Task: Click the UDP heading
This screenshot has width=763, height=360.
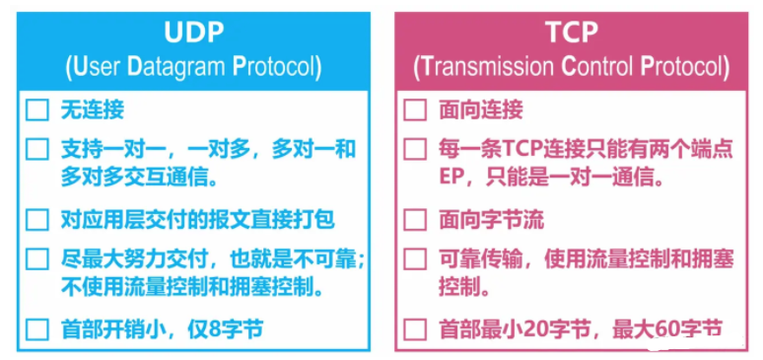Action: pos(194,33)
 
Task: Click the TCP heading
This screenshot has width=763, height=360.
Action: pos(572,33)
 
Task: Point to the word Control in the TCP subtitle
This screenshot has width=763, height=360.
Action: pos(594,68)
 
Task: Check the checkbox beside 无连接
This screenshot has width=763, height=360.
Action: pos(37,110)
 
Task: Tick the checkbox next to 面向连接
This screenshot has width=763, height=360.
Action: pos(415,110)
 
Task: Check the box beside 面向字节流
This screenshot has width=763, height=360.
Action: pos(415,220)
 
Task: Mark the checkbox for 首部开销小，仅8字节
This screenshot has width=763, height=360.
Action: pos(37,329)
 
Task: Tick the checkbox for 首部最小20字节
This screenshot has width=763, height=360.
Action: pos(415,329)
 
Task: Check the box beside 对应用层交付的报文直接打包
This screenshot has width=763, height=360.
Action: pos(37,220)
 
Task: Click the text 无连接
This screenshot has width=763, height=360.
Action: pos(92,110)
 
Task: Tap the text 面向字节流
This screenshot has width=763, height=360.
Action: pos(491,220)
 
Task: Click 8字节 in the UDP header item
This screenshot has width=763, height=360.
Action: pos(234,329)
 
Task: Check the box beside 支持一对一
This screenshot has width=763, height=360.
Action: pos(37,150)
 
